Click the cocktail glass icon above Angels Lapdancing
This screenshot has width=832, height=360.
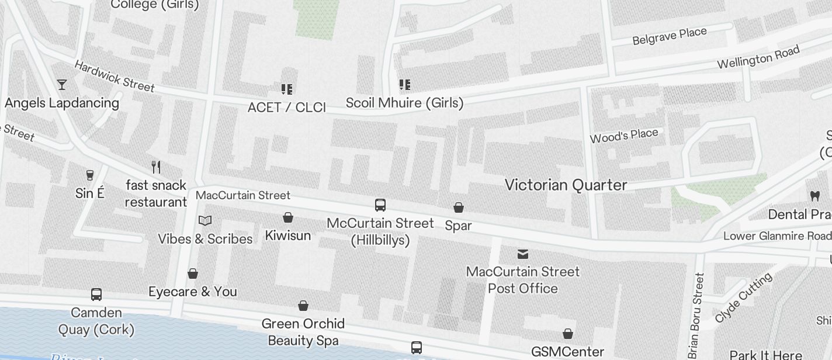[x=62, y=85]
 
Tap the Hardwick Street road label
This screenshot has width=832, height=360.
[x=114, y=77]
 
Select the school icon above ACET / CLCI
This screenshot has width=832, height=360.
[x=287, y=89]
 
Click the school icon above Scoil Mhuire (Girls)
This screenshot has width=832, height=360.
[x=404, y=85]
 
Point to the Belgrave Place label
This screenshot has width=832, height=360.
[x=670, y=36]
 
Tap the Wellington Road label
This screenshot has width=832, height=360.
[x=758, y=58]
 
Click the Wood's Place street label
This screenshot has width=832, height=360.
[x=624, y=136]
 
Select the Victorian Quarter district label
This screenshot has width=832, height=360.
[x=566, y=185]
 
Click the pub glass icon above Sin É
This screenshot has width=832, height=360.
[x=90, y=175]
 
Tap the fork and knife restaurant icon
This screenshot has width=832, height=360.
[x=156, y=167]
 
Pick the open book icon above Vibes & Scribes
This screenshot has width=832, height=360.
[x=204, y=220]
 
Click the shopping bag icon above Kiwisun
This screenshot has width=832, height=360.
[x=288, y=217]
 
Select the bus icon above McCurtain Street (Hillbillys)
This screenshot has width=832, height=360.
[x=380, y=205]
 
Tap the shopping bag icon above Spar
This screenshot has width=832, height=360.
[x=459, y=207]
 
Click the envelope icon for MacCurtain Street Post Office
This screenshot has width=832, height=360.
[x=523, y=254]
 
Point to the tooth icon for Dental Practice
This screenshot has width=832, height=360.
[x=814, y=196]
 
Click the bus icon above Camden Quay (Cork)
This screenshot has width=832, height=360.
[x=96, y=295]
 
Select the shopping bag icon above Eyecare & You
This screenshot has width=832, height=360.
[x=193, y=274]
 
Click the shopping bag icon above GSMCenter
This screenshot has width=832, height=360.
[x=567, y=334]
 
